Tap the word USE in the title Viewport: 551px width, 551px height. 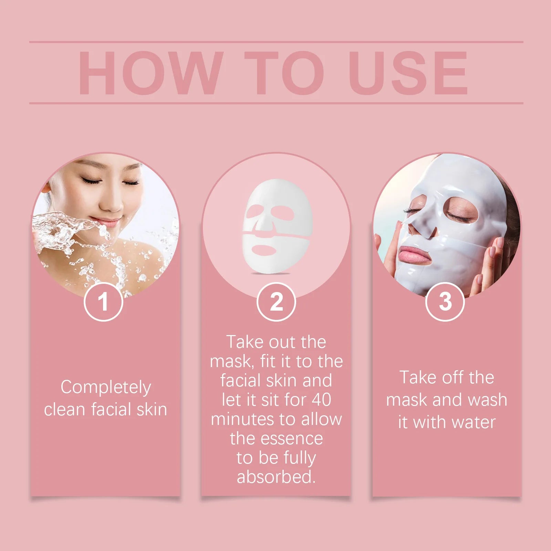tap(408, 73)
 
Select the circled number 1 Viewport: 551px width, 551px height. tap(103, 302)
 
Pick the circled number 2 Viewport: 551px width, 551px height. tap(276, 302)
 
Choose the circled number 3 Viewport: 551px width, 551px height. tap(445, 302)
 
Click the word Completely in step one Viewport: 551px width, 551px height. tap(106, 387)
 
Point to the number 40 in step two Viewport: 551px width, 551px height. tap(321, 400)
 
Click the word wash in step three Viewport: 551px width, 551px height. tap(487, 400)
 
